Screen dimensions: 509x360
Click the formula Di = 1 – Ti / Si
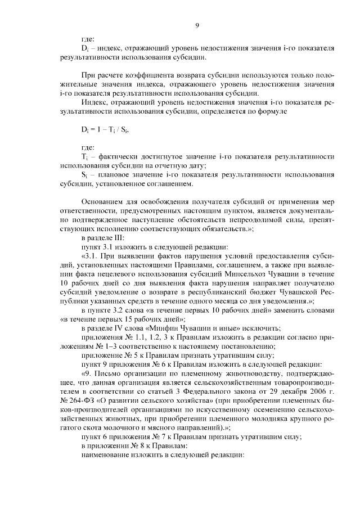(101, 129)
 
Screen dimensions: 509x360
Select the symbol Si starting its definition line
(84, 174)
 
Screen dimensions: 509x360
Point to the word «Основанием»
(103, 201)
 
